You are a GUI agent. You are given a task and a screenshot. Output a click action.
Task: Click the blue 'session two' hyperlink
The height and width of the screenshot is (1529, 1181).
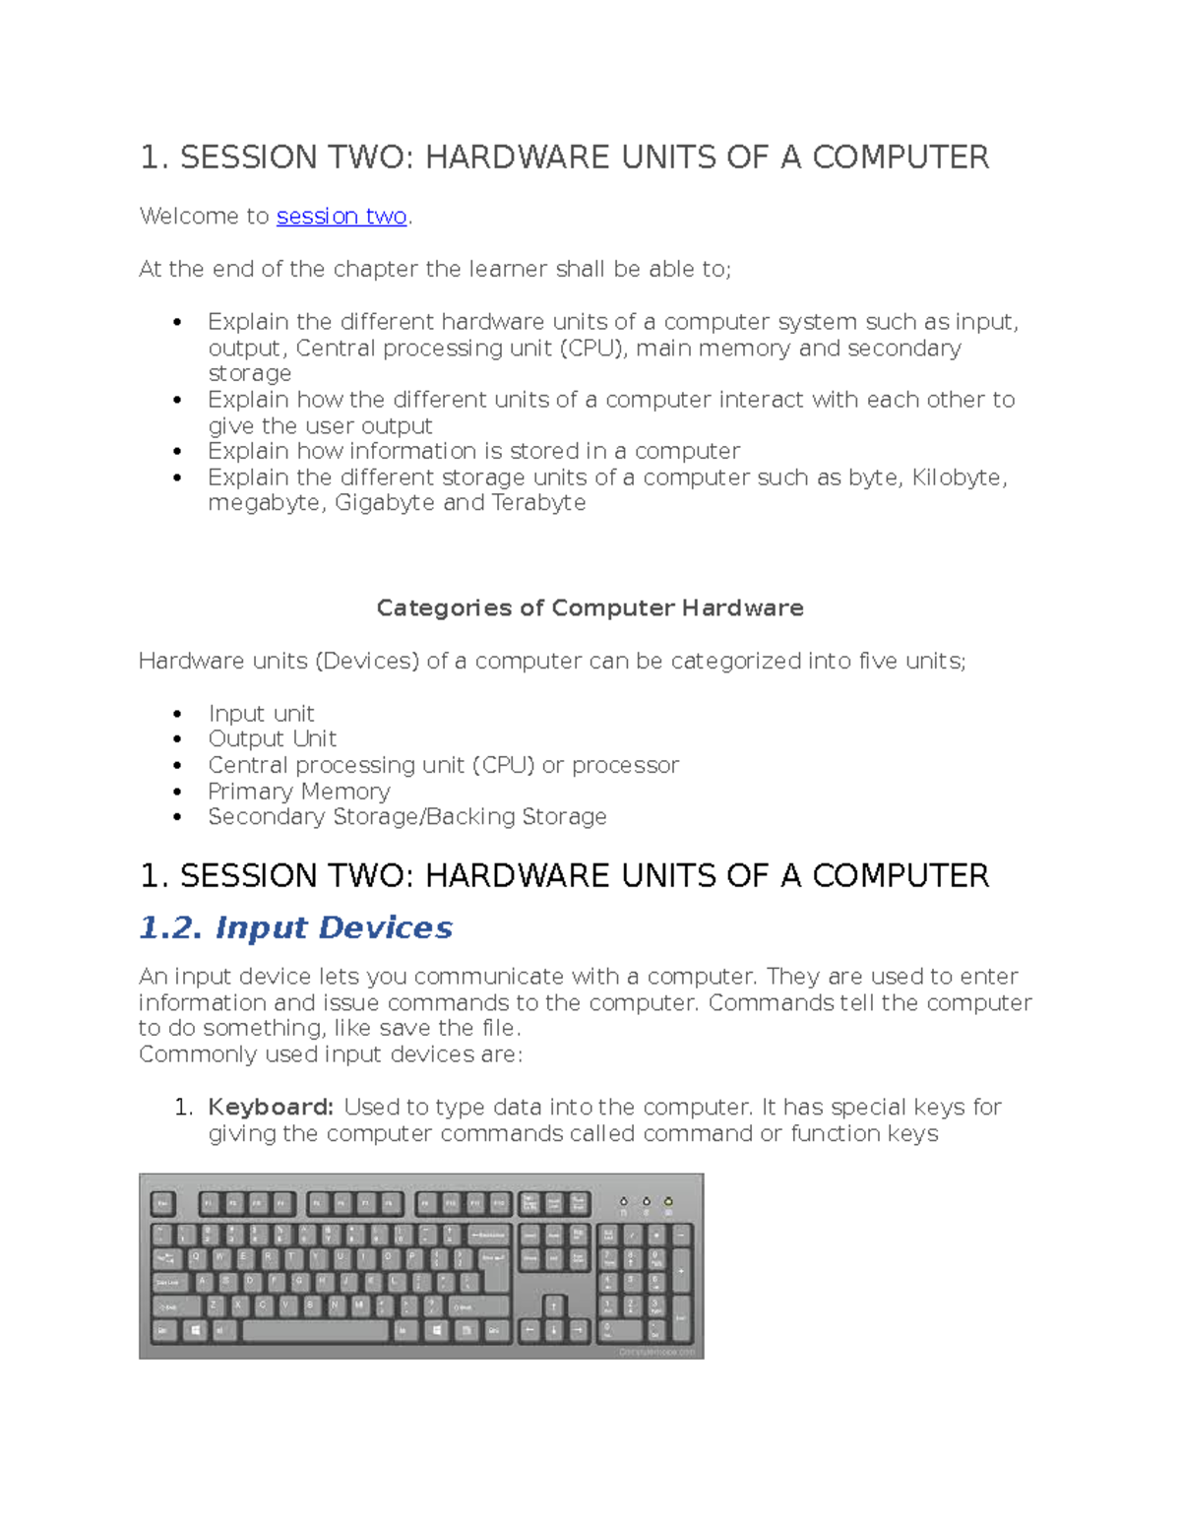[342, 217]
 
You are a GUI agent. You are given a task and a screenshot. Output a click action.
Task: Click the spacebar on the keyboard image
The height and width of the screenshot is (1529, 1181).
[315, 1330]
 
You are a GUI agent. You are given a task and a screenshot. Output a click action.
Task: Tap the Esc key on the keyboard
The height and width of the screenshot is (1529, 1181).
[163, 1203]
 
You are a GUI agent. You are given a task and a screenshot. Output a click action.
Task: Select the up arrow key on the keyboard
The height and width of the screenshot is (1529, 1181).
[553, 1306]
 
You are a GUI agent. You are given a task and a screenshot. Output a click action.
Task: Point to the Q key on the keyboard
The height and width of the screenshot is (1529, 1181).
[195, 1257]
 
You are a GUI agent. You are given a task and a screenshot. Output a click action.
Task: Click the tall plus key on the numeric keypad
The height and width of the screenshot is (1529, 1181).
[681, 1270]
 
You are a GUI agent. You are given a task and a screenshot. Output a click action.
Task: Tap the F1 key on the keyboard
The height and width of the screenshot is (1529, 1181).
[210, 1203]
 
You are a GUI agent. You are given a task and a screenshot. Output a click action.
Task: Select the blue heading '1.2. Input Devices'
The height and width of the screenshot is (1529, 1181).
[295, 927]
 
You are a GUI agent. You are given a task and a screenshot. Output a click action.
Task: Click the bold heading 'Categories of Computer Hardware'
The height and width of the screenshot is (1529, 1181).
[590, 608]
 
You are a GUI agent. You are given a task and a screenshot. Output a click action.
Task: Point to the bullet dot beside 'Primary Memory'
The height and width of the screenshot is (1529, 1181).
[177, 792]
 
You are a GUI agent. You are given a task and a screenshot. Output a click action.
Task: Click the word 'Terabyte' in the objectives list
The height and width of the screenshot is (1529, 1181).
[538, 503]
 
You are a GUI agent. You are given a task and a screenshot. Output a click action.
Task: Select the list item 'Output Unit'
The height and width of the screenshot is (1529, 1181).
[272, 739]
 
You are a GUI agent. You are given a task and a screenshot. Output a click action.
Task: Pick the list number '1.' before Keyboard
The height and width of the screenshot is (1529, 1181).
[183, 1108]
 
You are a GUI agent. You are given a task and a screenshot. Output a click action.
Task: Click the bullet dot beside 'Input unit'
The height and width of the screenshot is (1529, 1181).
[177, 714]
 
